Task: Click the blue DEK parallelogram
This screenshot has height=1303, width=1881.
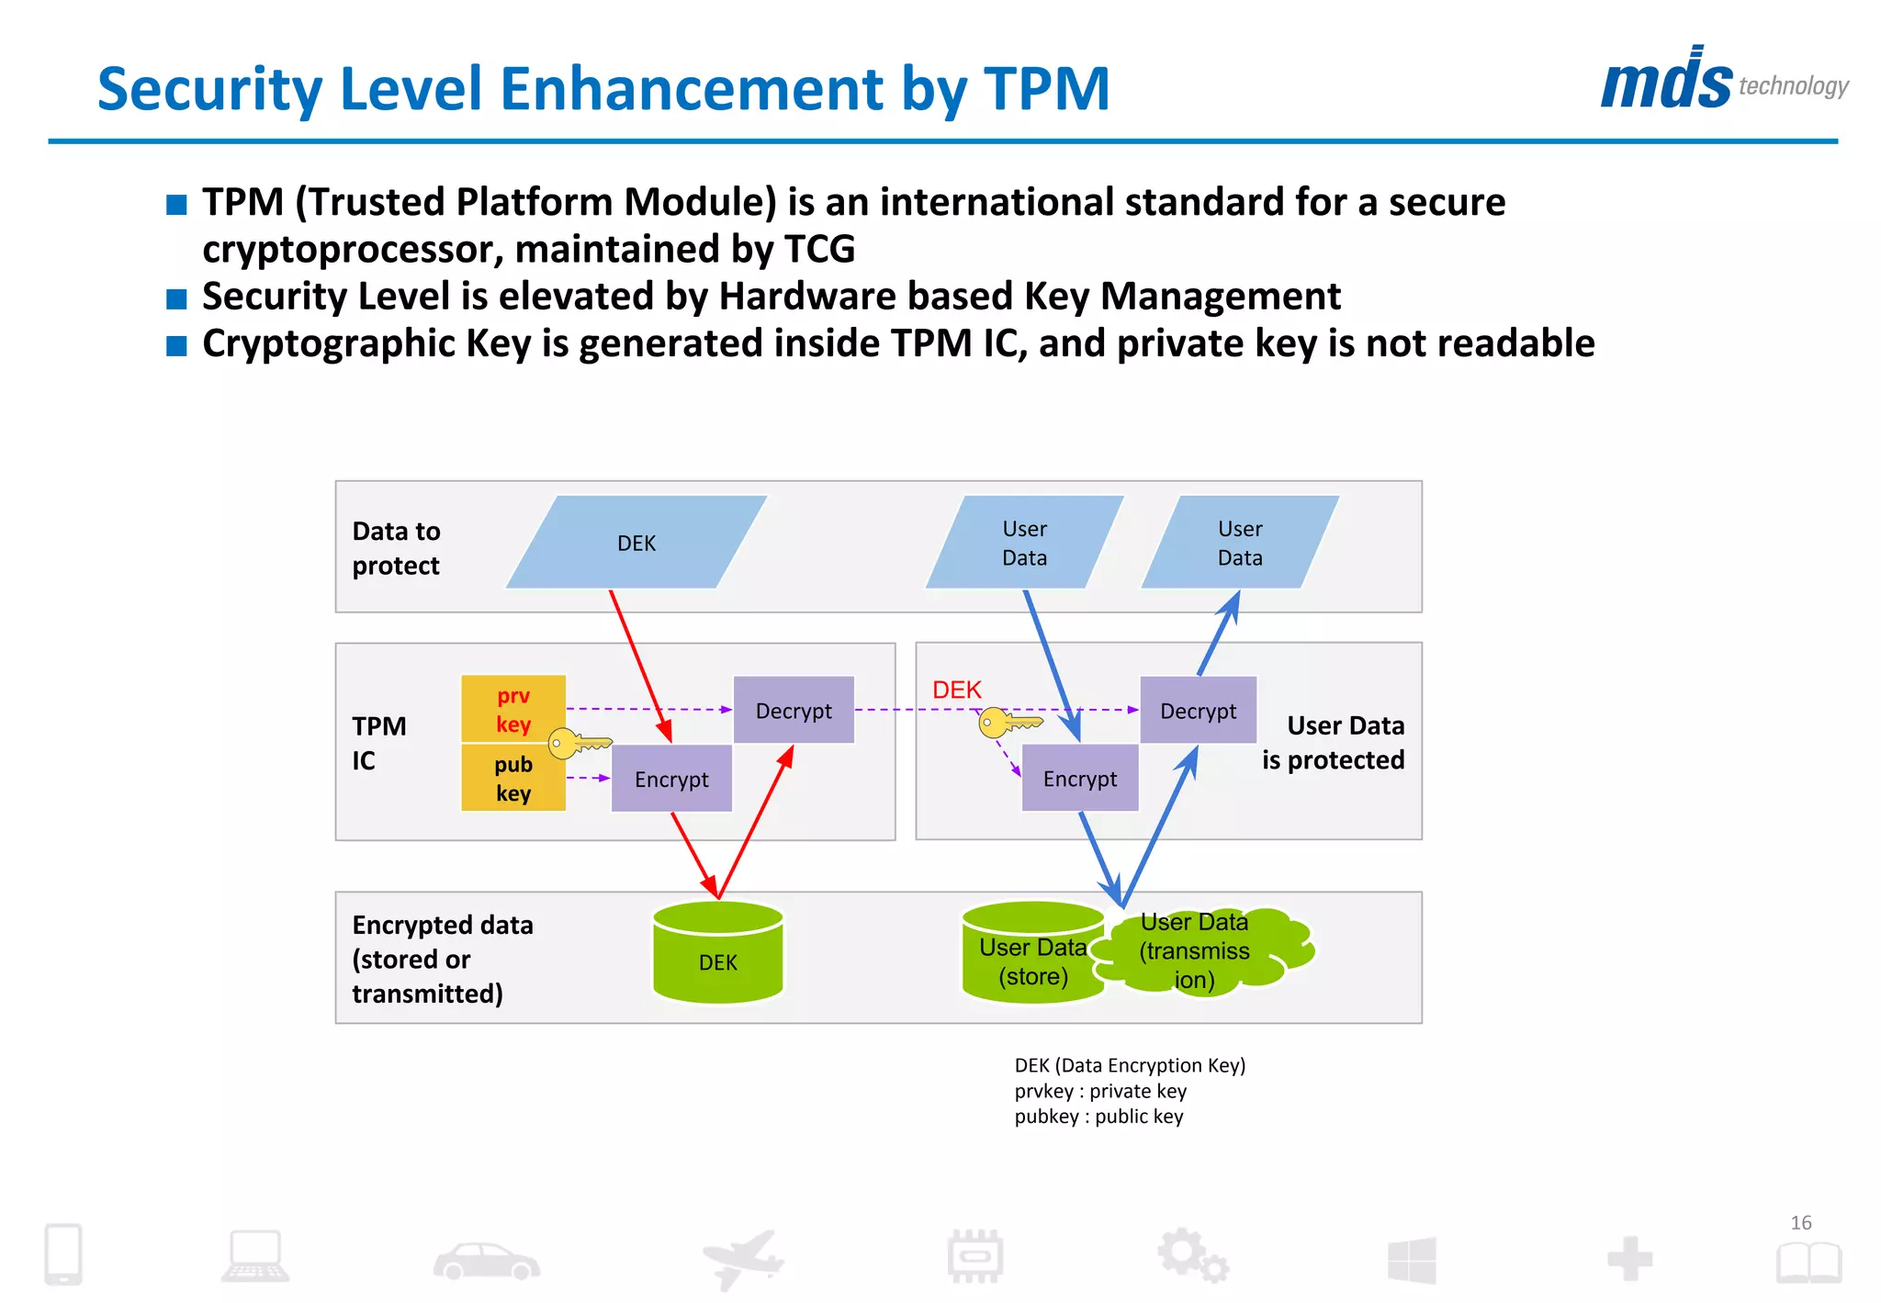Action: [x=636, y=543]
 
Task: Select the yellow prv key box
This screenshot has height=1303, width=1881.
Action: [x=512, y=709]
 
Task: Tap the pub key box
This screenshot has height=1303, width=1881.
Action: [x=512, y=778]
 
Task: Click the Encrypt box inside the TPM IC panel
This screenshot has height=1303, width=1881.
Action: [x=671, y=779]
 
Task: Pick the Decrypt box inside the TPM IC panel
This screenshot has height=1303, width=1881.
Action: [x=794, y=710]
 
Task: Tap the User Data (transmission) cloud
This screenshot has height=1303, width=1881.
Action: [x=1203, y=950]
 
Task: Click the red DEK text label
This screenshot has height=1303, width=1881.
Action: [x=956, y=690]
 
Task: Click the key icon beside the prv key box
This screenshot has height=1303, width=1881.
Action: [x=577, y=742]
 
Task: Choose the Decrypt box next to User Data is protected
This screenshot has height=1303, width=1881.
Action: [x=1198, y=710]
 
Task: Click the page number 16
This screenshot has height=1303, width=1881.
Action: [x=1800, y=1222]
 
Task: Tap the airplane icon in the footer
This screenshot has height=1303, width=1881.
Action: [x=743, y=1258]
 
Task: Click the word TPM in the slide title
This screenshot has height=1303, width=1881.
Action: [x=1046, y=89]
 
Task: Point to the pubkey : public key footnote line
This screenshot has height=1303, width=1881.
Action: [x=1098, y=1117]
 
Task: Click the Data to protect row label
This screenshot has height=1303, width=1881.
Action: [x=396, y=548]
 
